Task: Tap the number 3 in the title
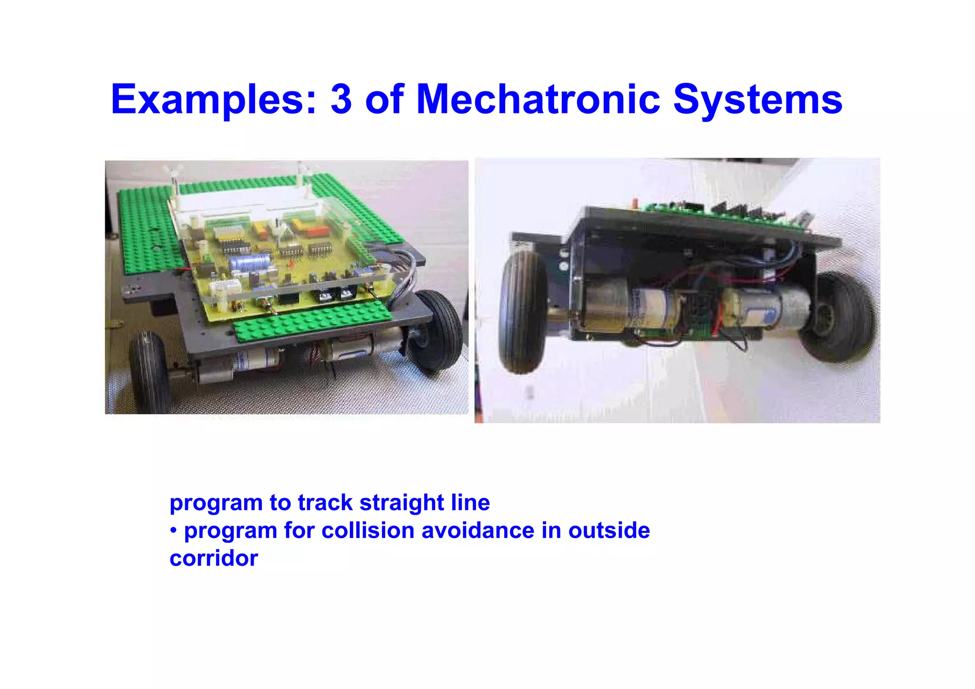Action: point(341,100)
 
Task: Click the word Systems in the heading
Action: point(757,100)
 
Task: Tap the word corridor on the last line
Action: point(214,558)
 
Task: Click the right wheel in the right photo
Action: point(841,317)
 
